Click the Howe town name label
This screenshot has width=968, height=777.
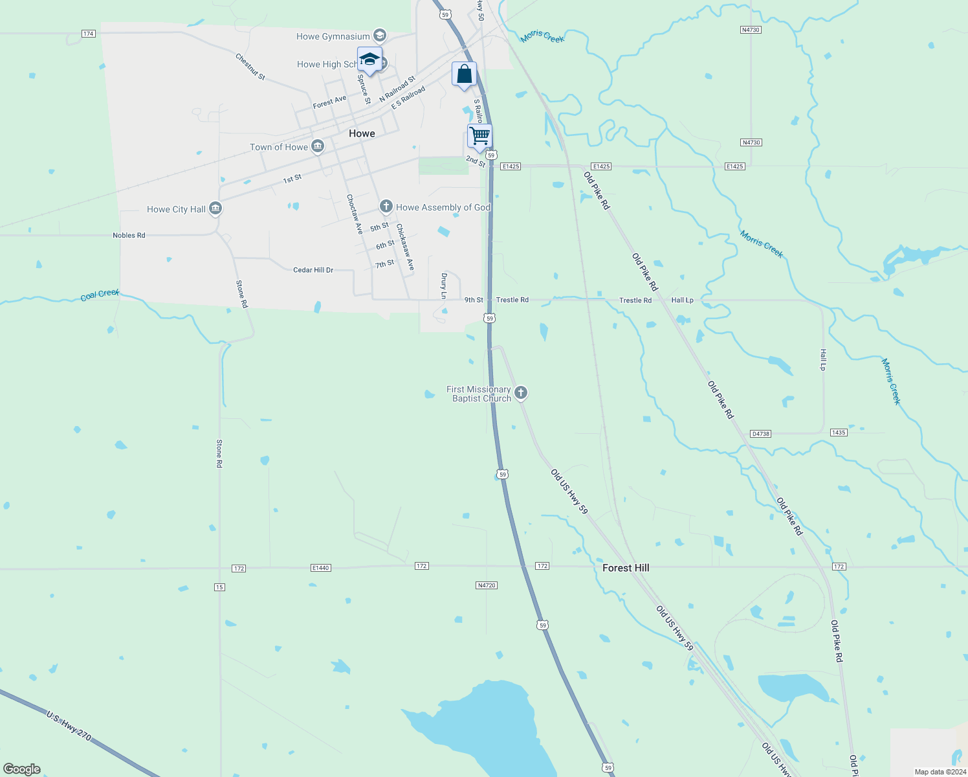pos(362,133)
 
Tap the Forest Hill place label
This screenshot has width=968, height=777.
pos(626,568)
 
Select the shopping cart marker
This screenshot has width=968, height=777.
pos(479,137)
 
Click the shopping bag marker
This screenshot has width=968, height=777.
pos(464,74)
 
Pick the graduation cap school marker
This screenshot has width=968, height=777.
pos(369,60)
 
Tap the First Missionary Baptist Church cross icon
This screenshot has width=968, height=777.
pos(521,393)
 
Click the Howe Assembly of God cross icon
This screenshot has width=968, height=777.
pos(386,207)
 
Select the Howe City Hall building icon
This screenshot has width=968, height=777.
pos(216,208)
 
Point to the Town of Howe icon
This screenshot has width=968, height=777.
pos(318,147)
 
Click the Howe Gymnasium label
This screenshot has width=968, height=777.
pos(333,36)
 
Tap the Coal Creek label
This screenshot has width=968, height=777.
pos(100,295)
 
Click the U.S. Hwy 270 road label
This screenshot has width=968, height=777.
pos(69,725)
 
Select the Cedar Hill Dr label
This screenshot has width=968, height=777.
pos(313,270)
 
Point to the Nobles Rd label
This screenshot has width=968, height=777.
pos(129,235)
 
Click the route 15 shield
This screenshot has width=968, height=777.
pos(219,587)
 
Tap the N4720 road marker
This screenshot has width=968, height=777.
pos(486,585)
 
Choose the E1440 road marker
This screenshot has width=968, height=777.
pos(320,568)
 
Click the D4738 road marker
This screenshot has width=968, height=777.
pos(761,433)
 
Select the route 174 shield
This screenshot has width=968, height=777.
pos(89,34)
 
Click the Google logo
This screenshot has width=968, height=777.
pos(22,769)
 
